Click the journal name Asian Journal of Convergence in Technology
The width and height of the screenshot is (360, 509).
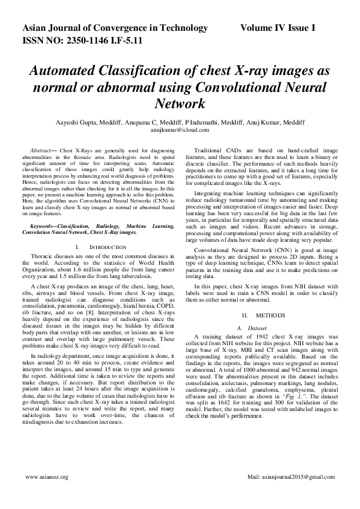click(x=115, y=28)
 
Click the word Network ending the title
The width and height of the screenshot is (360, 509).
click(x=180, y=103)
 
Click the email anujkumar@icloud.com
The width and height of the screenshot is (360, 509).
click(x=180, y=129)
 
